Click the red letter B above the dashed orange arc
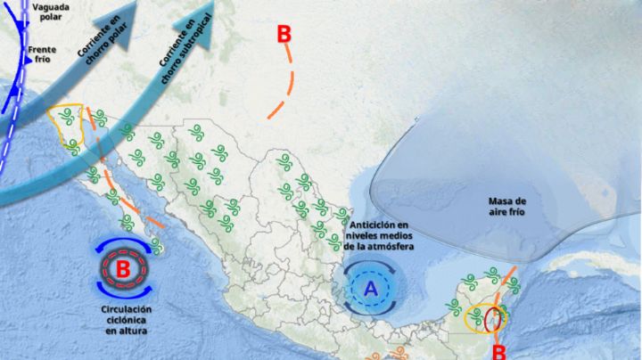coord(284,35)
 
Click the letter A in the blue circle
coord(371,287)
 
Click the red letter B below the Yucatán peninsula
coord(500,350)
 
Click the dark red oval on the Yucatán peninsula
coord(494,319)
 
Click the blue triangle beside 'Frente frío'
coord(38,61)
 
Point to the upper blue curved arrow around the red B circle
coord(123,241)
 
